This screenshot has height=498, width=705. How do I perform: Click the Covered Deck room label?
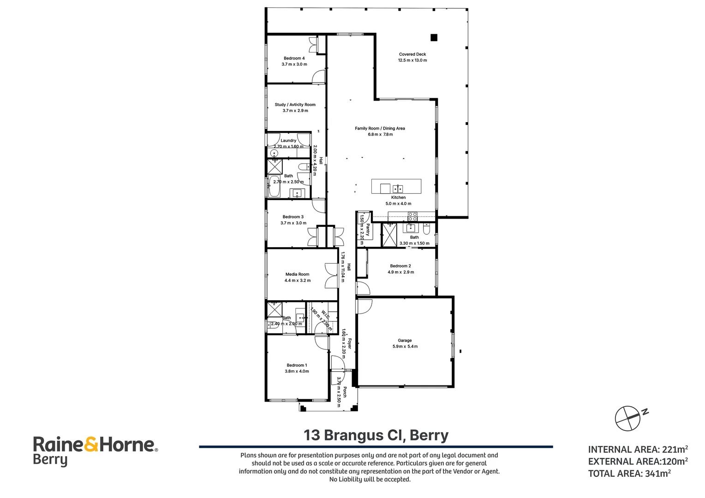tap(412, 54)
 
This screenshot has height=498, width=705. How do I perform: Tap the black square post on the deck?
tap(434, 38)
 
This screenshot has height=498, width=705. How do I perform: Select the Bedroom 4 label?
tap(294, 59)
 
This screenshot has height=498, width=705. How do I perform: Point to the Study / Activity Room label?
tap(295, 105)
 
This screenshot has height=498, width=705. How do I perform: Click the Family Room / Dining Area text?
tap(380, 129)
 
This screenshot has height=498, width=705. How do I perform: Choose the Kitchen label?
tap(398, 197)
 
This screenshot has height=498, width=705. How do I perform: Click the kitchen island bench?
tap(396, 186)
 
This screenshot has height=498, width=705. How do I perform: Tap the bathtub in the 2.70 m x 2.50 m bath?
tap(275, 186)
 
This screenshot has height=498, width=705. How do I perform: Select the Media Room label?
tap(297, 274)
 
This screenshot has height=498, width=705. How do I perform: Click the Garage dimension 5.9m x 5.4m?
tap(405, 347)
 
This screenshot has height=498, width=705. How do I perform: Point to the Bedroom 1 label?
tap(297, 365)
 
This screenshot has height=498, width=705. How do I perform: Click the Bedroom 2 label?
tap(400, 266)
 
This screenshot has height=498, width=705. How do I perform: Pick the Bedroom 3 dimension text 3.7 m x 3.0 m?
tap(293, 223)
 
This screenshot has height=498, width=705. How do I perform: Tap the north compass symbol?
tap(628, 418)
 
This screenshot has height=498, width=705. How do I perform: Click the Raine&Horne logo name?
tap(94, 445)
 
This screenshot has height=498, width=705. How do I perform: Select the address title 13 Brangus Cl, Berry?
tap(376, 435)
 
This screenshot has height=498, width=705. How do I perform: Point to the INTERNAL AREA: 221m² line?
tap(638, 449)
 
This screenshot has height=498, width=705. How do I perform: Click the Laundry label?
tap(288, 141)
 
